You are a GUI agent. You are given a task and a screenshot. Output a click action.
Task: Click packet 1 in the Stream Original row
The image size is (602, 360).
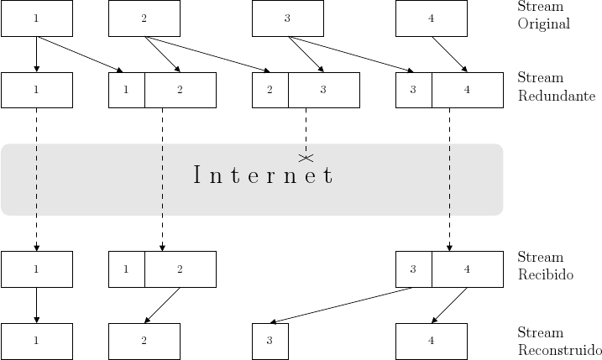click(36, 18)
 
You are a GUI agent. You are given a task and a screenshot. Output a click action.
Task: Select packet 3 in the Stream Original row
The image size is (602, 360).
click(288, 18)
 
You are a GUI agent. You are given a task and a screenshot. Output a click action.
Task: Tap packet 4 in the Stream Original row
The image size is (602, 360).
click(431, 18)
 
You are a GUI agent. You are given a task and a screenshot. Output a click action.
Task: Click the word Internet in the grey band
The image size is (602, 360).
click(263, 176)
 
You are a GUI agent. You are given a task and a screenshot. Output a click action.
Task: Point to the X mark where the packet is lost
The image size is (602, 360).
click(306, 157)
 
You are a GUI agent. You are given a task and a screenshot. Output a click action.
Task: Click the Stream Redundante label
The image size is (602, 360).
click(557, 86)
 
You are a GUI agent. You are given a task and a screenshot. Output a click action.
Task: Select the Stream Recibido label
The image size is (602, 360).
click(546, 266)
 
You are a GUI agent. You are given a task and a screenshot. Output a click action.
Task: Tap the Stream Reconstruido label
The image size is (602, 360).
click(559, 342)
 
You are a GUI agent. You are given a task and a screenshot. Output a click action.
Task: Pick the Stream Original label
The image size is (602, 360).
click(544, 15)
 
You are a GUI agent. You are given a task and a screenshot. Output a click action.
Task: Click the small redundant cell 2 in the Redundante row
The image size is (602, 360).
click(270, 90)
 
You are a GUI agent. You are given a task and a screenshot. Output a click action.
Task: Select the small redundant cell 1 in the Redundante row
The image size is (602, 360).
click(127, 90)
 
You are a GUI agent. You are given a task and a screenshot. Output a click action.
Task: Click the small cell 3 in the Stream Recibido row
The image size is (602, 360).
click(414, 269)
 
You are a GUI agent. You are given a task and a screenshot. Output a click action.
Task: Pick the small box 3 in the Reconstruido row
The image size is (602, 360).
click(270, 341)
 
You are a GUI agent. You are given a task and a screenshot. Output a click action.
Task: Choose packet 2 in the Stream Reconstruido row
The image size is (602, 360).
click(144, 341)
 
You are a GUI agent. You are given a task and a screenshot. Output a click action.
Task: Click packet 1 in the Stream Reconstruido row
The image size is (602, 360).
click(36, 341)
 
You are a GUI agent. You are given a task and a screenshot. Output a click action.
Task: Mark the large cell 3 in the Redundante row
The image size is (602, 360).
click(323, 90)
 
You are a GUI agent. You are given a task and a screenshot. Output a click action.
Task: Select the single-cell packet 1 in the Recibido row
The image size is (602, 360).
click(36, 269)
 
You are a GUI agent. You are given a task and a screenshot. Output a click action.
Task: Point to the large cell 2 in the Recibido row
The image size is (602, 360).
click(180, 269)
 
